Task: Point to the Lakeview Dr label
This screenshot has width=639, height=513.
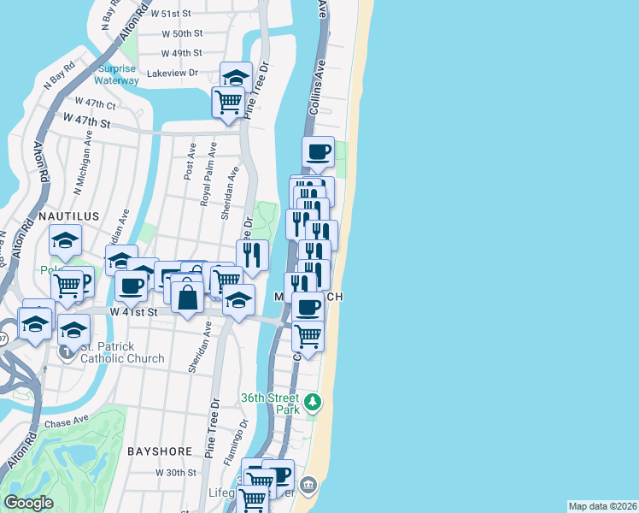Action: pos(173,74)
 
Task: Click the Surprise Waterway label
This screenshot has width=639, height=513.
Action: pos(118,74)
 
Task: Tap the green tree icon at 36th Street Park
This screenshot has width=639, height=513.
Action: pos(314,401)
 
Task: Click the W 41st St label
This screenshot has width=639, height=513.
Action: pos(134,313)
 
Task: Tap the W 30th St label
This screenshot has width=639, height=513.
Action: pos(176,472)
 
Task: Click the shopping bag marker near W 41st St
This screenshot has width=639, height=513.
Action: pos(188,298)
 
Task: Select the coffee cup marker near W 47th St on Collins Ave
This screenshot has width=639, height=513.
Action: pos(319,152)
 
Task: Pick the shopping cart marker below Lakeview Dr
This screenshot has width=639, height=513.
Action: pos(229,102)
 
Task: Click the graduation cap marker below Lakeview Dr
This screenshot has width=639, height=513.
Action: pos(236,76)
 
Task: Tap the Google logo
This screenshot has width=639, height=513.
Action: pos(28,503)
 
